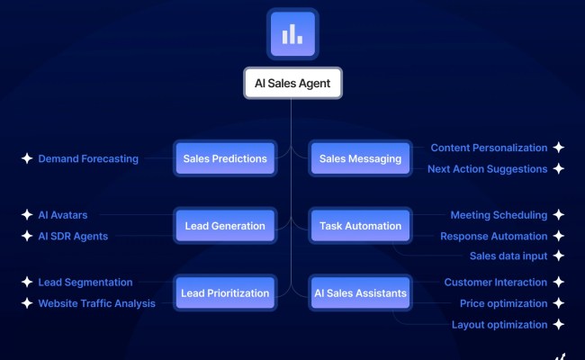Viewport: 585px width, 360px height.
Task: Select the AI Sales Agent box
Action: pos(292,84)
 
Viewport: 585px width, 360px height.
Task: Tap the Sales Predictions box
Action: pos(225,159)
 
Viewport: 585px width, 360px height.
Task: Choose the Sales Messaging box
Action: pos(360,159)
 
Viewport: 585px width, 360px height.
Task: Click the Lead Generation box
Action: pos(225,226)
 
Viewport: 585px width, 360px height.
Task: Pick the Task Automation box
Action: pos(360,226)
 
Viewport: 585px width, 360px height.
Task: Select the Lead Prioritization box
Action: pos(225,292)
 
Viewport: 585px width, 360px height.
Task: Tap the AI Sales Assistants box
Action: pos(360,292)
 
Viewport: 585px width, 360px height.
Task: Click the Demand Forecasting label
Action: pos(88,159)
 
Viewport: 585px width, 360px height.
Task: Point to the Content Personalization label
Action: pos(489,148)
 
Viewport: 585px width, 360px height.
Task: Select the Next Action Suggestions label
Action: pos(487,169)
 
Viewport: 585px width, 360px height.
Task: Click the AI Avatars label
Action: pos(63,215)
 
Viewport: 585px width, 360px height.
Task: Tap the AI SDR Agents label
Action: pos(73,237)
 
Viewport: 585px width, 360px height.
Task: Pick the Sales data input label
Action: pos(508,256)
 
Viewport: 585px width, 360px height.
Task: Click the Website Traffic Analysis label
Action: pos(96,303)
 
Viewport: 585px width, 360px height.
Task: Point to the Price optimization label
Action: pos(503,303)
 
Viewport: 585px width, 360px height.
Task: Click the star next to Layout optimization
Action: pos(559,325)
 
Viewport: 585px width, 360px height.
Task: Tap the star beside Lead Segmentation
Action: pos(26,283)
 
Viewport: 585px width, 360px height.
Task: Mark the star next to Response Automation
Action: pos(559,237)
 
